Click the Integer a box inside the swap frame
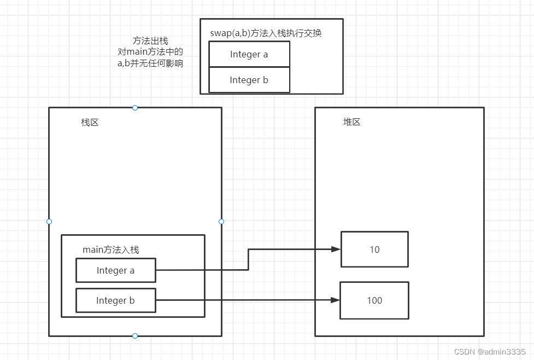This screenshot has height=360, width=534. point(249,54)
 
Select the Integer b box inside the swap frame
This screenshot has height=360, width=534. point(249,80)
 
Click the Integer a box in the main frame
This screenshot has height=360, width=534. point(116,270)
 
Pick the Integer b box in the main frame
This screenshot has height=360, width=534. point(116,300)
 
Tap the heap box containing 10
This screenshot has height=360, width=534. point(374,249)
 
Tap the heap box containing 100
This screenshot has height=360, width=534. point(374,300)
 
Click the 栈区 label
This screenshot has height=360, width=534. point(90,123)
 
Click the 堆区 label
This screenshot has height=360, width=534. point(351,122)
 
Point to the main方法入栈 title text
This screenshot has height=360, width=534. point(110,249)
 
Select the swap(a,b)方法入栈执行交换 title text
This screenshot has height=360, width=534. point(266,33)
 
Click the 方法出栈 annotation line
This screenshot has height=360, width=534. point(150,41)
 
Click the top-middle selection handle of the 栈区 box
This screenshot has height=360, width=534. point(135,108)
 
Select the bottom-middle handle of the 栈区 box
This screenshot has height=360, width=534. point(135,336)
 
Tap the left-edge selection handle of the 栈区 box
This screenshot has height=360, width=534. point(49,222)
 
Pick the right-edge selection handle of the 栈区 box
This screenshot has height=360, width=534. point(221,222)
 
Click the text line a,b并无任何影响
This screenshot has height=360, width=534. point(150,63)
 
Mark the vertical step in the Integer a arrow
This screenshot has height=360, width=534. point(249,260)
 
